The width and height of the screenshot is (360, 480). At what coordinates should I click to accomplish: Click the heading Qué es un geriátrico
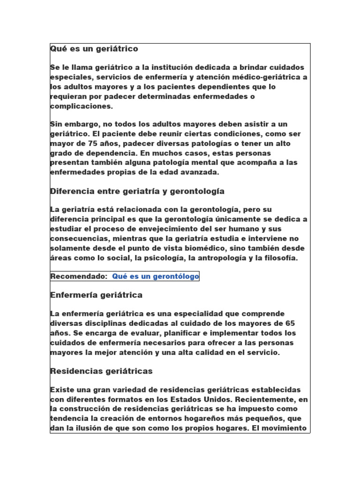[x=94, y=49]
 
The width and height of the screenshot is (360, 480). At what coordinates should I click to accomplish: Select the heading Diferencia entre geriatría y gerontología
[x=137, y=191]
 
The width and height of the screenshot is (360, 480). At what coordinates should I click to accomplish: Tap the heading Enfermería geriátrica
[x=96, y=295]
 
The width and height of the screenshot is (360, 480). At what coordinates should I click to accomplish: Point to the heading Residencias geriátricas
[x=101, y=371]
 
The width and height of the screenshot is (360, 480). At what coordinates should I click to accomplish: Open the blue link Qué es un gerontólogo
[x=156, y=277]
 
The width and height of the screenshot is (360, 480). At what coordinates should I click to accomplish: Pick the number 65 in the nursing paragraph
[x=290, y=323]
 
